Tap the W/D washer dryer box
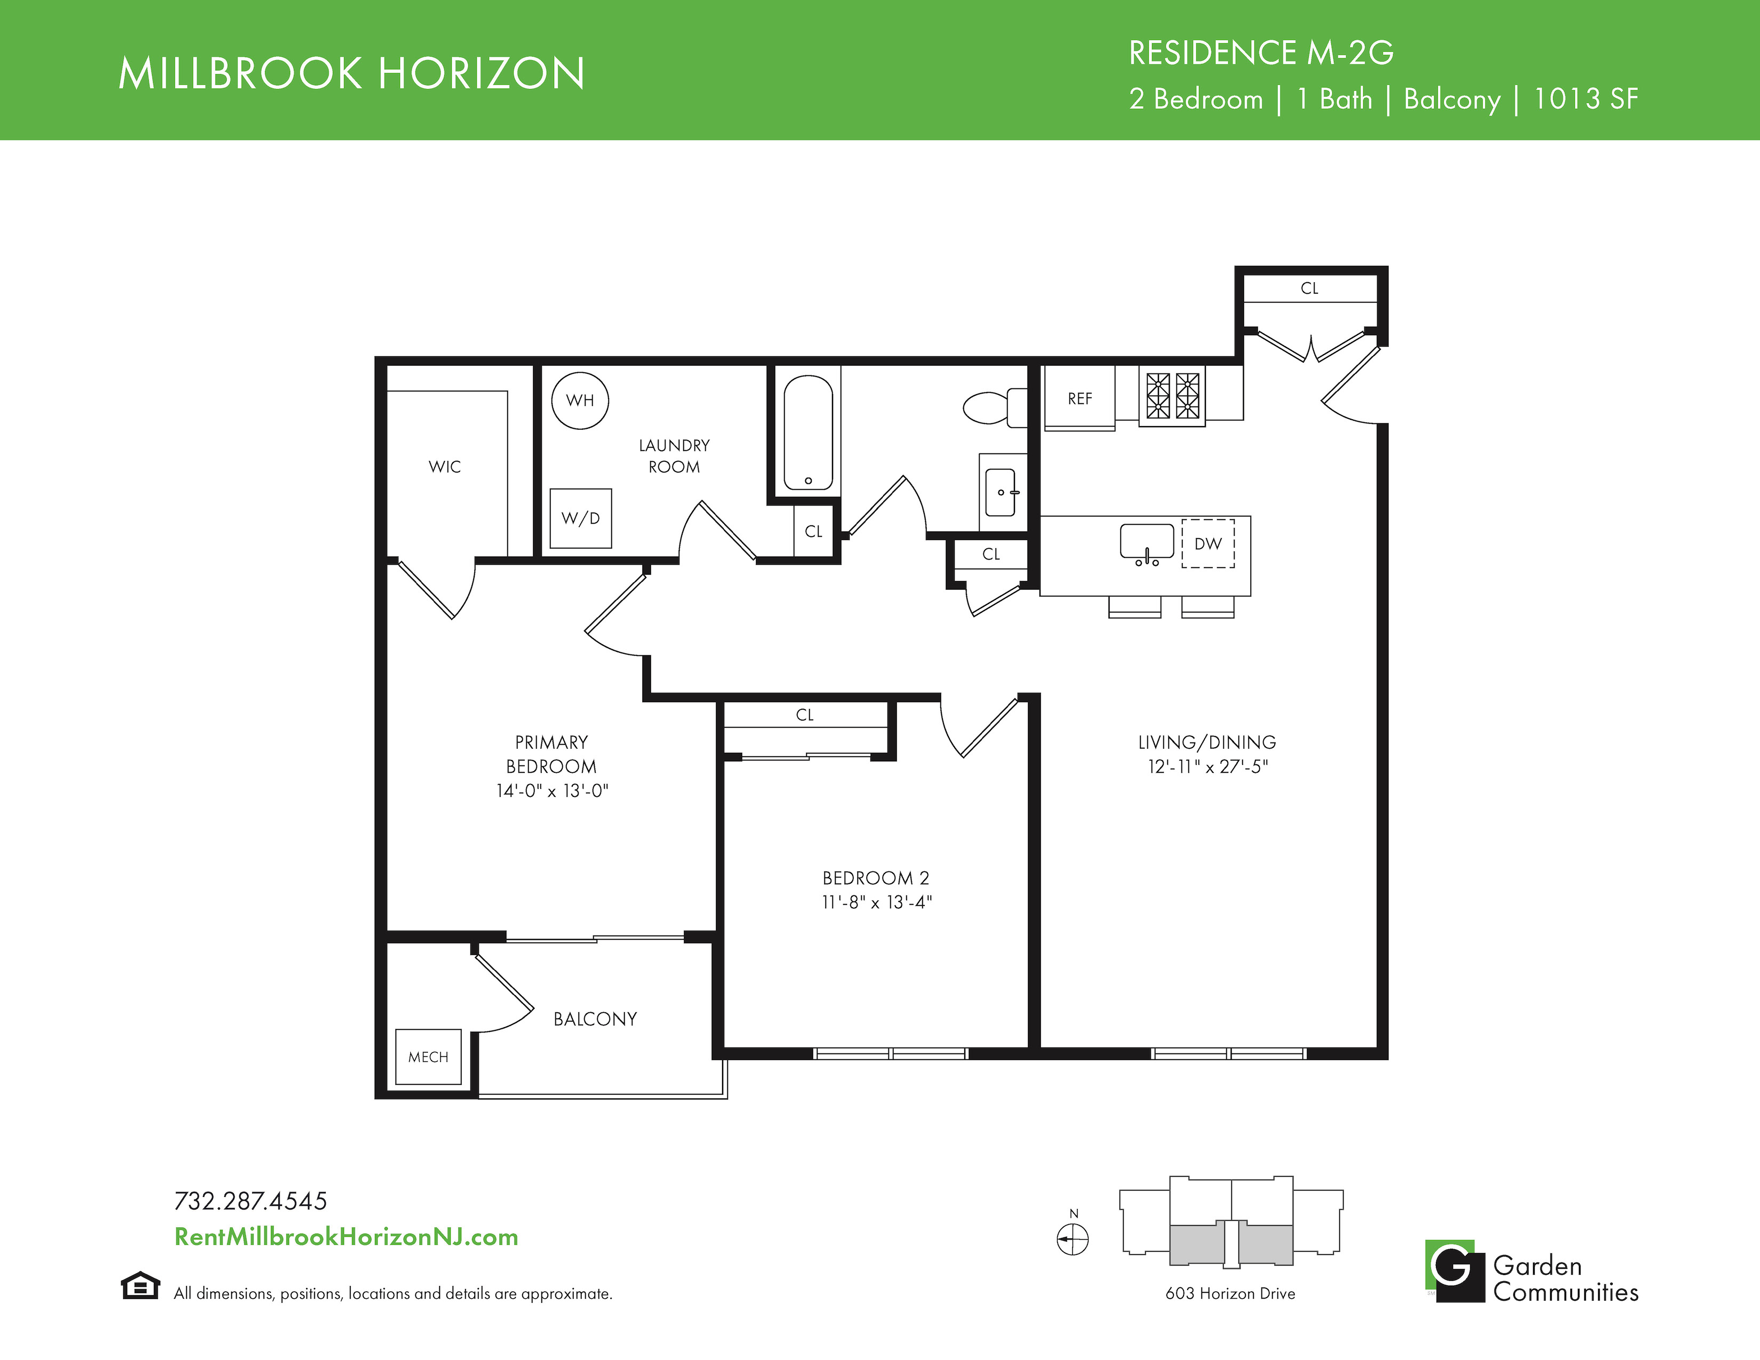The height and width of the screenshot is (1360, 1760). pos(580,518)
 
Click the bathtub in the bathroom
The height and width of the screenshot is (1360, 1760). pos(809,432)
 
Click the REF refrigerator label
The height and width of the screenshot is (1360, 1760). pos(1080,399)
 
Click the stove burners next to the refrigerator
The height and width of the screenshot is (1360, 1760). pos(1172,395)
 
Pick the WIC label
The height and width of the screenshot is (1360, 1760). pos(445,467)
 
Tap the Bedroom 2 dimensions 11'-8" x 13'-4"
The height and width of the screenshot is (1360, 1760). pos(877,902)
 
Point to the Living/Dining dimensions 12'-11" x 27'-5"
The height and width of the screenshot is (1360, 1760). pos(1207,766)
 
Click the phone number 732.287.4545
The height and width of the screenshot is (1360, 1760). pos(251,1201)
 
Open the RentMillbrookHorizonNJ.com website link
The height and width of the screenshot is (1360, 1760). pos(347,1237)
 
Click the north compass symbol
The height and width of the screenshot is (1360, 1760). pos(1073,1238)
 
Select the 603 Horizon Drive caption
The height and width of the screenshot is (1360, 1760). pos(1230,1293)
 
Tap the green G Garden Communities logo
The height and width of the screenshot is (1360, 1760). pos(1454,1270)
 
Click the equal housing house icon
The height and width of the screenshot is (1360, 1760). pos(140,1285)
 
